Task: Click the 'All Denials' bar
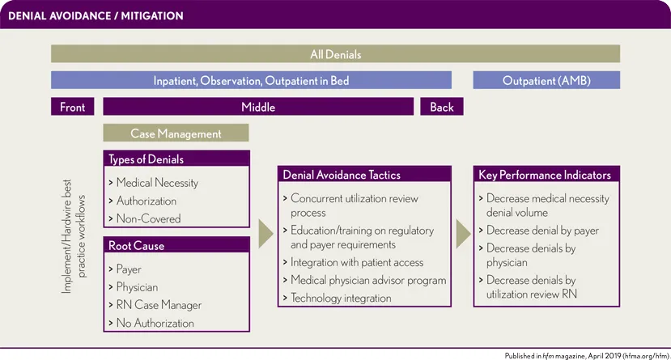click(x=335, y=54)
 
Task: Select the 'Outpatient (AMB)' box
click(x=546, y=80)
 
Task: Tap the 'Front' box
click(x=72, y=107)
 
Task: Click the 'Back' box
click(x=442, y=107)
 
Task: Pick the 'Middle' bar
click(x=258, y=107)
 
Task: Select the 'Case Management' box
click(x=176, y=133)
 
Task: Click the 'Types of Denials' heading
click(x=146, y=159)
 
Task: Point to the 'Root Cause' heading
click(x=136, y=245)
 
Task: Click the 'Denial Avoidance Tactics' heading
click(x=342, y=175)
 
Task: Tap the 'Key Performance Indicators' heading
click(x=545, y=175)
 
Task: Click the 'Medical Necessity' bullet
click(x=153, y=183)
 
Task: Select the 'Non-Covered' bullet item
click(x=145, y=218)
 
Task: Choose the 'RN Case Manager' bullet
click(x=155, y=305)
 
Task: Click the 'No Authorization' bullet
click(x=151, y=323)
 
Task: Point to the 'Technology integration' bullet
click(x=338, y=298)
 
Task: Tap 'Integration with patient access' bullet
click(x=353, y=262)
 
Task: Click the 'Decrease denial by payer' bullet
click(x=539, y=231)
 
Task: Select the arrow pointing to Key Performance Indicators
click(x=464, y=234)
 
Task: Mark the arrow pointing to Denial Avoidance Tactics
click(x=265, y=234)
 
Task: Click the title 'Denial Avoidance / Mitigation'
click(x=96, y=16)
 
